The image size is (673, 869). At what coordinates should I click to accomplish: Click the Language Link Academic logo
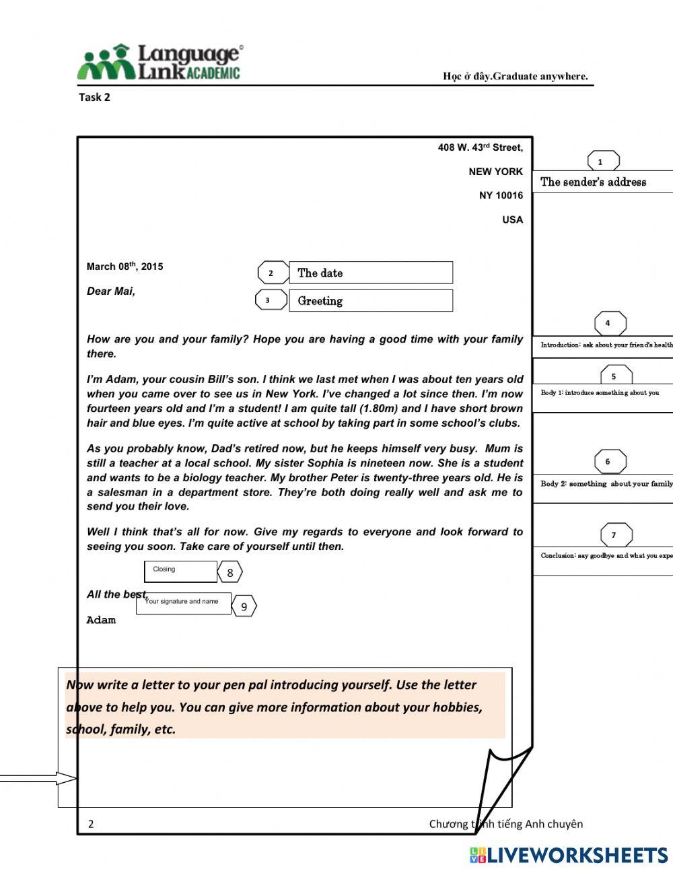coord(160,63)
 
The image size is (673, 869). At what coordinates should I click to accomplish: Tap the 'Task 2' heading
coord(94,97)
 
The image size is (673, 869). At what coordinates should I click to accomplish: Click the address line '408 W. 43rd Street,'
coord(480,147)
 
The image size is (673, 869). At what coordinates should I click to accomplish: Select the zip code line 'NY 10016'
coord(501,195)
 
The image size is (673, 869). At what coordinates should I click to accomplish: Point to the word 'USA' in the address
coord(512,219)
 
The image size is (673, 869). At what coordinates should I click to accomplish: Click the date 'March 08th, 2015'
coord(125,267)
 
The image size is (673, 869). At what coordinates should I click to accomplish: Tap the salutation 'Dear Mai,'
coord(111,291)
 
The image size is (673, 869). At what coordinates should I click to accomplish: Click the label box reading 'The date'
coord(370,273)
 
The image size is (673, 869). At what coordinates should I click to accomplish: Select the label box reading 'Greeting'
coord(370,301)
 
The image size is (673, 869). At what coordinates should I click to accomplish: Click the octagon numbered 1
coord(603,162)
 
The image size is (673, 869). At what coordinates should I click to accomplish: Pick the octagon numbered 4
coord(610,323)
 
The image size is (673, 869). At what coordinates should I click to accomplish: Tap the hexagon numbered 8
coord(230,573)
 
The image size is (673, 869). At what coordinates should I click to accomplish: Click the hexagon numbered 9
coord(244,606)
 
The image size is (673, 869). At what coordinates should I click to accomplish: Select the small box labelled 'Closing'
coord(180,571)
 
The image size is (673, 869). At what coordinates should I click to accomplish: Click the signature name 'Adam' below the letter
coord(101,620)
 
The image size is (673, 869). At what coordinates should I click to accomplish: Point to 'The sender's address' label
coord(593,182)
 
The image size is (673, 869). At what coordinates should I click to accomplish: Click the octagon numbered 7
coord(616,535)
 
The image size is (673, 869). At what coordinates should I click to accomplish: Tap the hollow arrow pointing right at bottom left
coord(39,779)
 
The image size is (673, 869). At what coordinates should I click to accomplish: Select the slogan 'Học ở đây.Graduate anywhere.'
coord(515,76)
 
